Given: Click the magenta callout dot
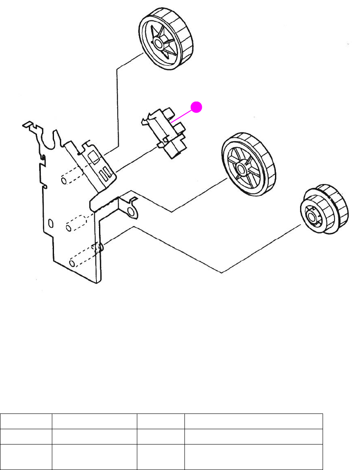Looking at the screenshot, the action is tap(196, 108).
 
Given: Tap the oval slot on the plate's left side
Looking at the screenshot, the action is tap(51, 223).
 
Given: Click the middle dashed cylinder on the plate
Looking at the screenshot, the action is tap(77, 223).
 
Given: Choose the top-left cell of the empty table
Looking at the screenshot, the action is tap(26, 420).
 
